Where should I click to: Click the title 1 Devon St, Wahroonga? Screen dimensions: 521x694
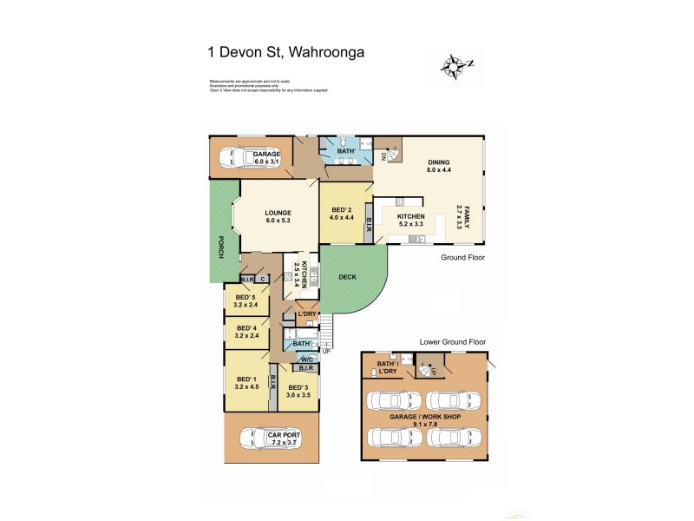(285, 51)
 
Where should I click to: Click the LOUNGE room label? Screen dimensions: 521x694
(278, 213)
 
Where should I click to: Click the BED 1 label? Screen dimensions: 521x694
(246, 379)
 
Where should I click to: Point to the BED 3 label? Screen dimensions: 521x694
(298, 387)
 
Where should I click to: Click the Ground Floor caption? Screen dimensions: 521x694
(462, 258)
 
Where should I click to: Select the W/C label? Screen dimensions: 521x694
(307, 359)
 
